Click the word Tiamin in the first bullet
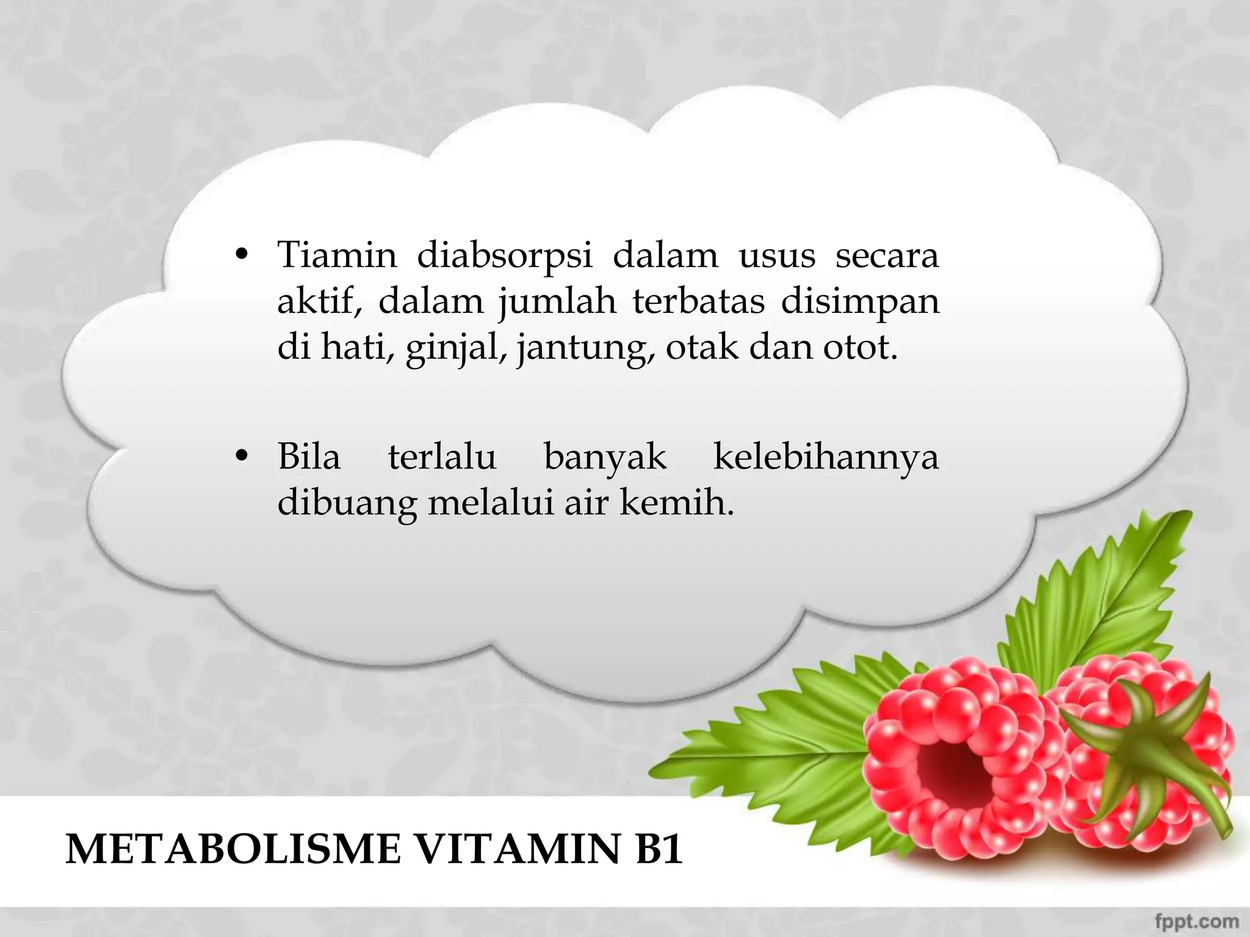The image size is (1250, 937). click(x=337, y=255)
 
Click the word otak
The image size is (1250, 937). click(x=701, y=348)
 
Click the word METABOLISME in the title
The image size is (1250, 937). click(x=233, y=849)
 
